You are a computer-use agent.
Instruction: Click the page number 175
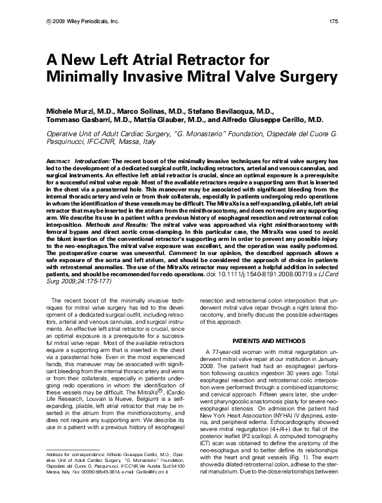334,21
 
